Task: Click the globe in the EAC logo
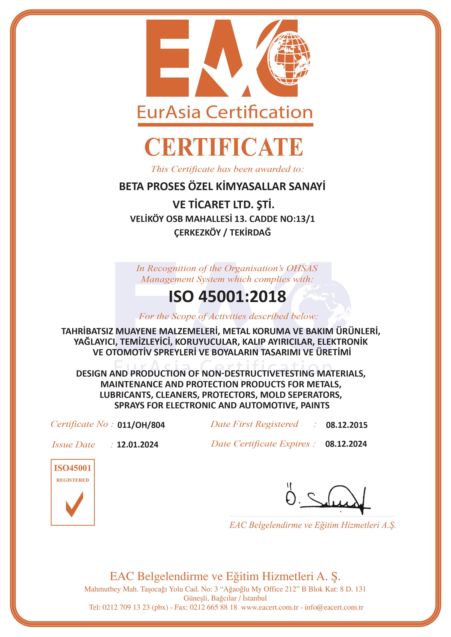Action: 289,58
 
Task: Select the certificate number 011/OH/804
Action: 141,425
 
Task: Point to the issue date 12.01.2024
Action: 137,445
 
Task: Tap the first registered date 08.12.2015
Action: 347,425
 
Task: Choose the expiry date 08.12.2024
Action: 346,444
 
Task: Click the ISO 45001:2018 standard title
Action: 227,296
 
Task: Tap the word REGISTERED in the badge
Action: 73,480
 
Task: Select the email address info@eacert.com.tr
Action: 334,607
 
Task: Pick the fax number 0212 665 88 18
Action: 213,607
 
